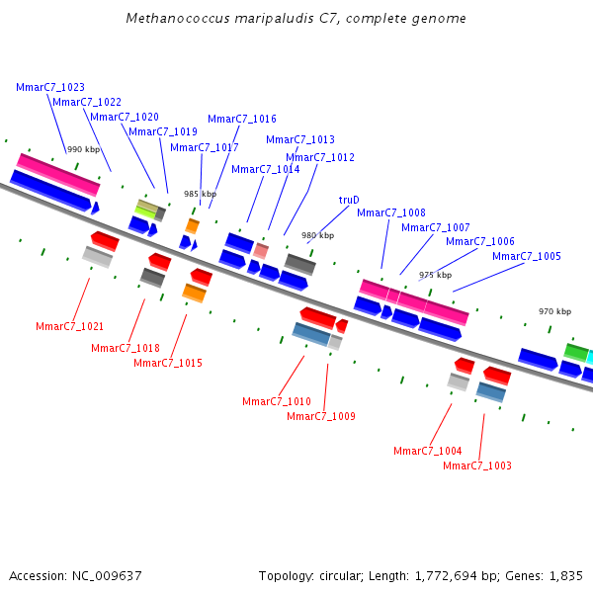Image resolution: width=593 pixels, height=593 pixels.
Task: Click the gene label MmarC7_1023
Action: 50,87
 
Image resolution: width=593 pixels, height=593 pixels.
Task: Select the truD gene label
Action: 349,200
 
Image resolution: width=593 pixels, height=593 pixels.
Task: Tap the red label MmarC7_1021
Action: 70,326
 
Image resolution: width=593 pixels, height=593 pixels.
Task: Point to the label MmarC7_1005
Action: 527,256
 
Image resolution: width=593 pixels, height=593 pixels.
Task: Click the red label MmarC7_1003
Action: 477,466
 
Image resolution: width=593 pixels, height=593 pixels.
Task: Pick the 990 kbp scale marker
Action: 83,149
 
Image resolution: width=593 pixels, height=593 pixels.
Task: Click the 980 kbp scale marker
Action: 317,235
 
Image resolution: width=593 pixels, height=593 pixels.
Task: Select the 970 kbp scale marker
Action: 554,311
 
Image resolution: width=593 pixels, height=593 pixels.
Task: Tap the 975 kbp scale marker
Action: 435,275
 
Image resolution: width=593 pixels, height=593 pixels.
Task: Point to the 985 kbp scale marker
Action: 200,194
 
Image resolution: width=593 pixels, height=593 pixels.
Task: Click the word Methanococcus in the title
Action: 173,19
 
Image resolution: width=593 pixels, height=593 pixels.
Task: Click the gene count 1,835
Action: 566,575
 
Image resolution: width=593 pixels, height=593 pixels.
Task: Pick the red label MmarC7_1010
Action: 277,401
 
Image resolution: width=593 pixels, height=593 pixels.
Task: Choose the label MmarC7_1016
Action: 242,119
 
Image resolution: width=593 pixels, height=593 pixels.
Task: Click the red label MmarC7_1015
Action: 168,363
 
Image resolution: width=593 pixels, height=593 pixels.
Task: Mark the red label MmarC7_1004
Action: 428,451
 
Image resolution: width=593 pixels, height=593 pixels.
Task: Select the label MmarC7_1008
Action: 391,212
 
